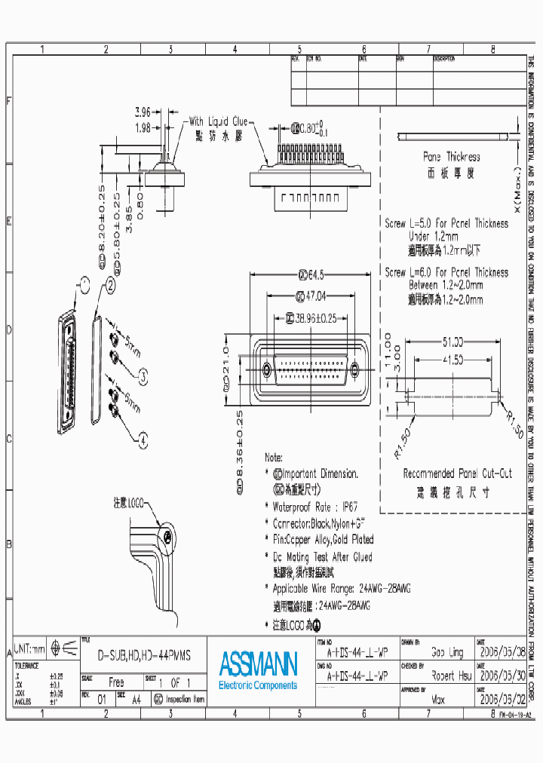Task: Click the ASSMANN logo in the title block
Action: click(x=258, y=664)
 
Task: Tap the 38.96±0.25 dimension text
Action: click(x=315, y=319)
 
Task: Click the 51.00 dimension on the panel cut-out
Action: click(x=452, y=341)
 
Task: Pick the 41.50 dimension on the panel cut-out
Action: click(x=452, y=360)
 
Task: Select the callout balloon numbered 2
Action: click(x=110, y=285)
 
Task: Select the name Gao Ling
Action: click(x=447, y=652)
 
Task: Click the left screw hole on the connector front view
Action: click(x=266, y=369)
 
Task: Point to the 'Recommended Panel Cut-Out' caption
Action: click(x=457, y=473)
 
